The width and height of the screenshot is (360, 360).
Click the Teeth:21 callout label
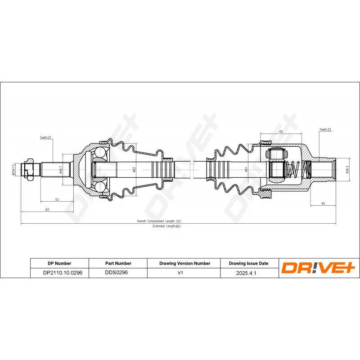click(x=46, y=138)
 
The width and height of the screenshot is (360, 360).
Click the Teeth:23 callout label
click(x=325, y=130)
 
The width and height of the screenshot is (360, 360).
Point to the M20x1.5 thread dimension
click(x=13, y=170)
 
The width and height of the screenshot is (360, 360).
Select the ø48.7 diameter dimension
click(x=61, y=170)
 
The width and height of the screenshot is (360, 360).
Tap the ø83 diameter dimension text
click(x=134, y=170)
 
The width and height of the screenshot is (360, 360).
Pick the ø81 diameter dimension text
click(x=246, y=170)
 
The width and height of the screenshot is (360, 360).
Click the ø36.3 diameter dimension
click(x=347, y=170)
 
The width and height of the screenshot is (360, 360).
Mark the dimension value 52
click(x=57, y=199)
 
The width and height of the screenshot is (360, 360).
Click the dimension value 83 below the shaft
click(x=47, y=210)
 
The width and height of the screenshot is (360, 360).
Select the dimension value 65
click(x=281, y=132)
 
